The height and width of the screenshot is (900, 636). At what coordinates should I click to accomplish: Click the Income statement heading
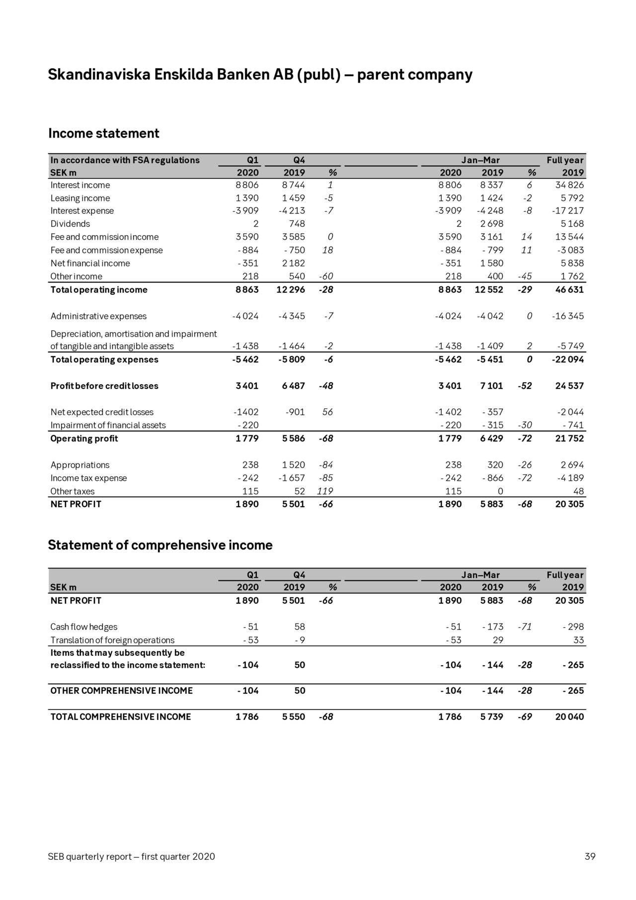tap(104, 133)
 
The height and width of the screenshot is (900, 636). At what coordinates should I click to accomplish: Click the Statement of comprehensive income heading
tap(160, 545)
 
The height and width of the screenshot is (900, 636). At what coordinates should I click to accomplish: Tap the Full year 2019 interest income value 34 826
tap(569, 185)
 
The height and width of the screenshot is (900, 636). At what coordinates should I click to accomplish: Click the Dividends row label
tap(70, 224)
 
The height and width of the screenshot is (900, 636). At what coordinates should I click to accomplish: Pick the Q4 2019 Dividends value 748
tap(297, 224)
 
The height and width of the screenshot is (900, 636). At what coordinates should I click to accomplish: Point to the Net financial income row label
tap(90, 263)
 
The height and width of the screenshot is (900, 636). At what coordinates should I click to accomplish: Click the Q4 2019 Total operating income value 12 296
tap(290, 289)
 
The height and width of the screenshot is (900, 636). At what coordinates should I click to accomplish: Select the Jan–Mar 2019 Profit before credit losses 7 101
tap(491, 386)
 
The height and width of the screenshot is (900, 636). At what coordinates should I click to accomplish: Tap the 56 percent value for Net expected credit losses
tap(327, 412)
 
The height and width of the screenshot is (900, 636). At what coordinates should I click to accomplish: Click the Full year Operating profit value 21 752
tap(569, 439)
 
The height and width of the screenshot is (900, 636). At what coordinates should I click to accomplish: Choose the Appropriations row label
tap(79, 465)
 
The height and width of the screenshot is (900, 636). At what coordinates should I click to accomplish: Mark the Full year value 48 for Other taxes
tap(578, 491)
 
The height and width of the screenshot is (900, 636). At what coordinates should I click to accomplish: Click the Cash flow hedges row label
tap(83, 627)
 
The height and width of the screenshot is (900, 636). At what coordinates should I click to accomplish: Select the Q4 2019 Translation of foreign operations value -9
tap(299, 640)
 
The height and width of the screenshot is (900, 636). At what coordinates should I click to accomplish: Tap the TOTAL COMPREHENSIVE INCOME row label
tap(120, 717)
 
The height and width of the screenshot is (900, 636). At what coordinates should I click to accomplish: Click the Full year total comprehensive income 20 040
tap(569, 717)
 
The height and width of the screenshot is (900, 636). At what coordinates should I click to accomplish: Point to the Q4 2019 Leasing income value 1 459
tap(293, 198)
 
